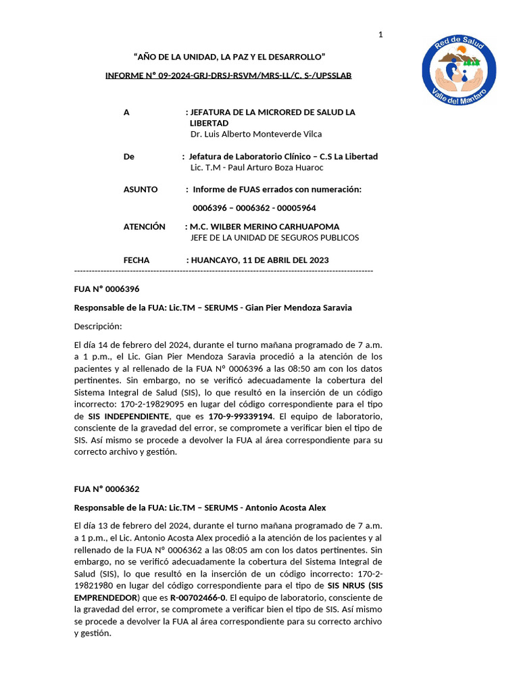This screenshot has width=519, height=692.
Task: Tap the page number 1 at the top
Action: click(380, 35)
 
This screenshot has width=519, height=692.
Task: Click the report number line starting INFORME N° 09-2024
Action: click(228, 75)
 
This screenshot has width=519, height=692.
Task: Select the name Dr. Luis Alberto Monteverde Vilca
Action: click(256, 134)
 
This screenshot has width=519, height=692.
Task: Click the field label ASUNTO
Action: click(141, 189)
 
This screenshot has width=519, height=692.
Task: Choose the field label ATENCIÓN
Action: click(144, 226)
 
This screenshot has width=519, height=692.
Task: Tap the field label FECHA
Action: click(137, 260)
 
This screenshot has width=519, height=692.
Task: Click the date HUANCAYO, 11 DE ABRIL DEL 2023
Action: click(260, 260)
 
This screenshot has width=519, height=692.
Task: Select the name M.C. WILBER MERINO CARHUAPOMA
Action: click(265, 226)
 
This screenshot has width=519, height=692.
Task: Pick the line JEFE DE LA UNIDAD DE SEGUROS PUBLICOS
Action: click(274, 238)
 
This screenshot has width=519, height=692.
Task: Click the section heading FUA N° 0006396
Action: click(107, 289)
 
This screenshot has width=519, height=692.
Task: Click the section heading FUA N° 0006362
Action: click(107, 489)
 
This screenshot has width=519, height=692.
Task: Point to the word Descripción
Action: click(98, 326)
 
